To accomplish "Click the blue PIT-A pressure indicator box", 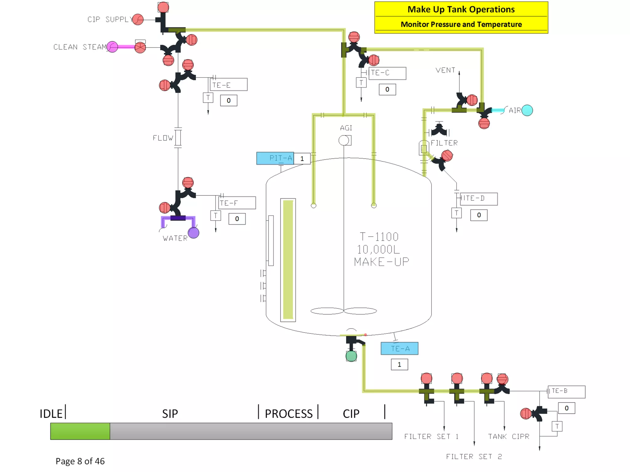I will pos(275,158).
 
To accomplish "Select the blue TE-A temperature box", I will pos(399,348).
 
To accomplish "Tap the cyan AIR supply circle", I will pos(527,110).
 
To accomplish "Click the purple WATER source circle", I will pos(193,233).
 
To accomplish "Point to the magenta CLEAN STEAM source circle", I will pos(112,47).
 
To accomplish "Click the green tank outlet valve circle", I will pos(351,356).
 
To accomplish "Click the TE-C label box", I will pos(388,73).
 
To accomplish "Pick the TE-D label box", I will pos(479,199).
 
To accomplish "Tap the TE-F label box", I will pos(237,203).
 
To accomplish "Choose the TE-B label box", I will pos(567,391).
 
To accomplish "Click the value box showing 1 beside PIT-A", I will pos(302,159).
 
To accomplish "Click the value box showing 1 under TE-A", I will pos(399,364).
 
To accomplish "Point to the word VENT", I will pos(445,70).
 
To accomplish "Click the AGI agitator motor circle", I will pos(344,140).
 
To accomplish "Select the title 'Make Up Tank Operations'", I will pos(461,10).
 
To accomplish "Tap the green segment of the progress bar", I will pos(80,431).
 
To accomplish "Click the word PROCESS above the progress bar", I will pos(289,414).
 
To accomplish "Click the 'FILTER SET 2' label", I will pos(474,457).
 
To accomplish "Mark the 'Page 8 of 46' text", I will pos(80,461).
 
